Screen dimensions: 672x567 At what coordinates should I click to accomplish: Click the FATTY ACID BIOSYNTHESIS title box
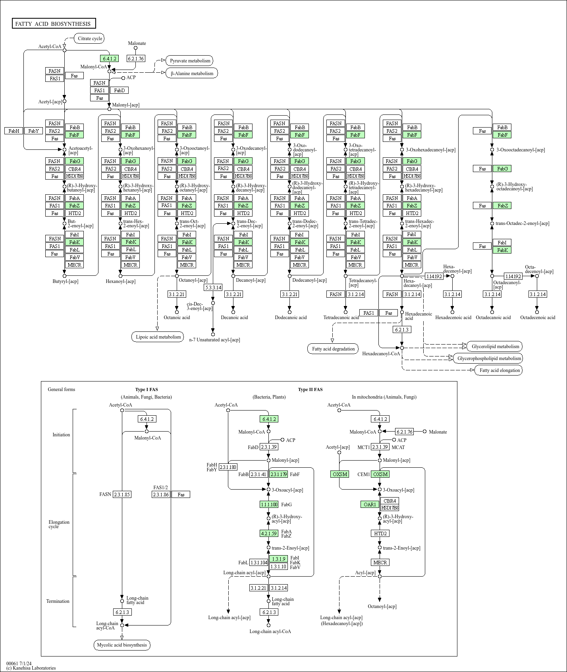pyautogui.click(x=54, y=24)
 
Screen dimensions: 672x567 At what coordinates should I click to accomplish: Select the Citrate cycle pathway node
pyautogui.click(x=90, y=39)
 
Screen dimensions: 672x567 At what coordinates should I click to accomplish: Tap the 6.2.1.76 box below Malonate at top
pyautogui.click(x=135, y=58)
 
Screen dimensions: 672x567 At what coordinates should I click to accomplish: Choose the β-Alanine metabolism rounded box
pyautogui.click(x=192, y=73)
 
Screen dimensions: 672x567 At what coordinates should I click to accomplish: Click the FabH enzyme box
pyautogui.click(x=13, y=131)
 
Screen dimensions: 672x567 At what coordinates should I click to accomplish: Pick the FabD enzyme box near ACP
pyautogui.click(x=119, y=90)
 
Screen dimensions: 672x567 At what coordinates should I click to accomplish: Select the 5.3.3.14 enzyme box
pyautogui.click(x=213, y=287)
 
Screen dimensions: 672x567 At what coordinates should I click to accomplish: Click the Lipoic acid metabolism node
pyautogui.click(x=158, y=337)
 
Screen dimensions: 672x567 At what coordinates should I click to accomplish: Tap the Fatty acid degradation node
pyautogui.click(x=333, y=349)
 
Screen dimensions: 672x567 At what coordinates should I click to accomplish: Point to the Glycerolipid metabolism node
pyautogui.click(x=495, y=346)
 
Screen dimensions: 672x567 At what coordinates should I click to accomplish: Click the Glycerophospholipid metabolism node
pyautogui.click(x=489, y=358)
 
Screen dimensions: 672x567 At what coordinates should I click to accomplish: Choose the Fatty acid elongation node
pyautogui.click(x=499, y=370)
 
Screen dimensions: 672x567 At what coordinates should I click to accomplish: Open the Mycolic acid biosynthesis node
pyautogui.click(x=122, y=645)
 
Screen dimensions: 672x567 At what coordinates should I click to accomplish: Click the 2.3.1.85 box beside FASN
pyautogui.click(x=122, y=494)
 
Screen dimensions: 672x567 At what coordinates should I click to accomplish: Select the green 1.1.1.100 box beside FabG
pyautogui.click(x=269, y=504)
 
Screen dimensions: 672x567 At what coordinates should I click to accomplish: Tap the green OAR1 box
pyautogui.click(x=370, y=504)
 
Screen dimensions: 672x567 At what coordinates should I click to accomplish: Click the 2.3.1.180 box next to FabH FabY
pyautogui.click(x=228, y=467)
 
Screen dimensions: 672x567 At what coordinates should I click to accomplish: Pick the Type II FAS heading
pyautogui.click(x=310, y=389)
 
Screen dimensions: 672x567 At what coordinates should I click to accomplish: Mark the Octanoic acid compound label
pyautogui.click(x=177, y=317)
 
